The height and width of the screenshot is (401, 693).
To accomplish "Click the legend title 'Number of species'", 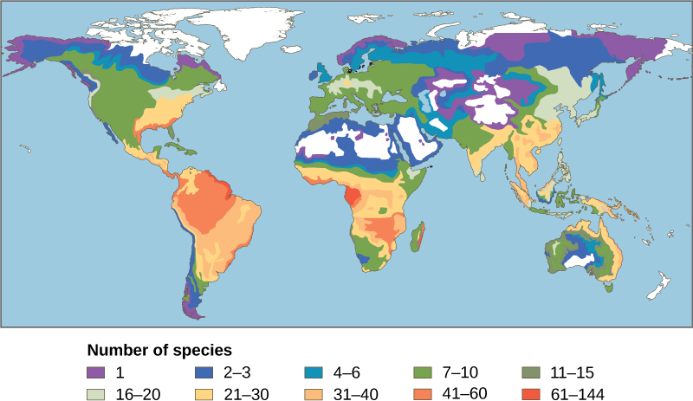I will click(159, 352).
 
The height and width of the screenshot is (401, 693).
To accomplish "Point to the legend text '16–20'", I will click(136, 393).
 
